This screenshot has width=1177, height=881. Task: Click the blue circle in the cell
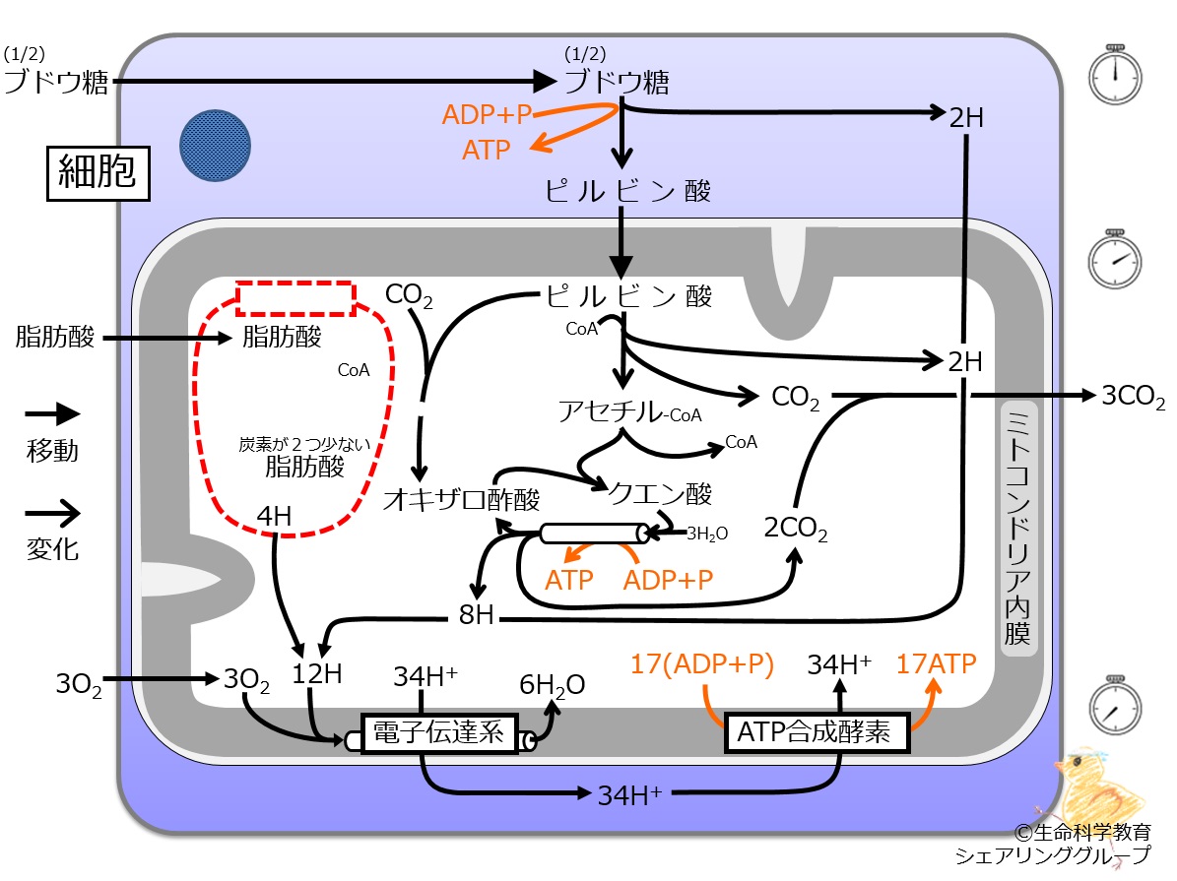coord(215,146)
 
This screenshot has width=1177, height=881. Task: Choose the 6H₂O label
coord(552,685)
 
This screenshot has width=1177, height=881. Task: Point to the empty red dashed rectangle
coord(295,298)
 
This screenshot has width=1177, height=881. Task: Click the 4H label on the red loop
coord(273,516)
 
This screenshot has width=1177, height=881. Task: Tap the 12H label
coord(317,675)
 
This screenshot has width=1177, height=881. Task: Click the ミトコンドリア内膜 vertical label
coord(1016,528)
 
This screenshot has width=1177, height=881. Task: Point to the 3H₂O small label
coord(706,535)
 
